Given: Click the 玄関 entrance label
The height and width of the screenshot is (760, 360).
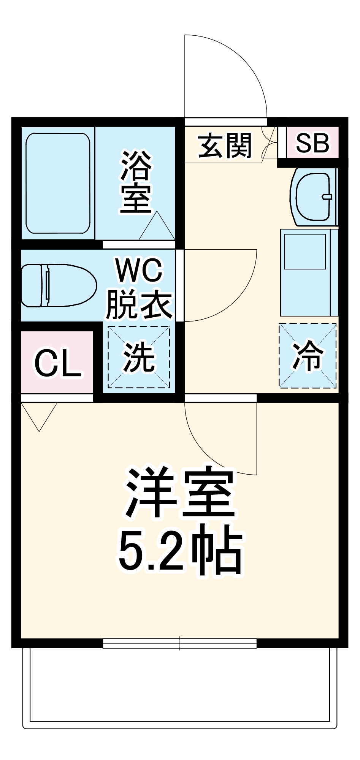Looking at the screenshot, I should pos(225,146).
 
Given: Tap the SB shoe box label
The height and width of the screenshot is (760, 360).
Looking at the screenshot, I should pos(312,142).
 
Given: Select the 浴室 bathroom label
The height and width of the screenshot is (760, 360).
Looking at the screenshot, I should pos(136,182).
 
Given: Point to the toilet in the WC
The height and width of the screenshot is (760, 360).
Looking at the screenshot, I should pos(57,285).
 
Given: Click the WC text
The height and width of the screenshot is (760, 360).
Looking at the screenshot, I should pos(139,271).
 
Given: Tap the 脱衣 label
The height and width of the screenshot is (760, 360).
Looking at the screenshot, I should pos(139,304).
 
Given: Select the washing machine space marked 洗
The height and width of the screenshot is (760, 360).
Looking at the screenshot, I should pos(139,357).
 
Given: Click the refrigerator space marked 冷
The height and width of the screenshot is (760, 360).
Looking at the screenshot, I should pos(308,356).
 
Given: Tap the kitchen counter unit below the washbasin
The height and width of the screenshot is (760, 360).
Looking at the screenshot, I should pos(309,272).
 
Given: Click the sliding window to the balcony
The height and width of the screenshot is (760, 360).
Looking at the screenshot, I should pos(179,643).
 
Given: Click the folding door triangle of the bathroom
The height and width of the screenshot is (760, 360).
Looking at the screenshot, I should pos(157,227).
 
